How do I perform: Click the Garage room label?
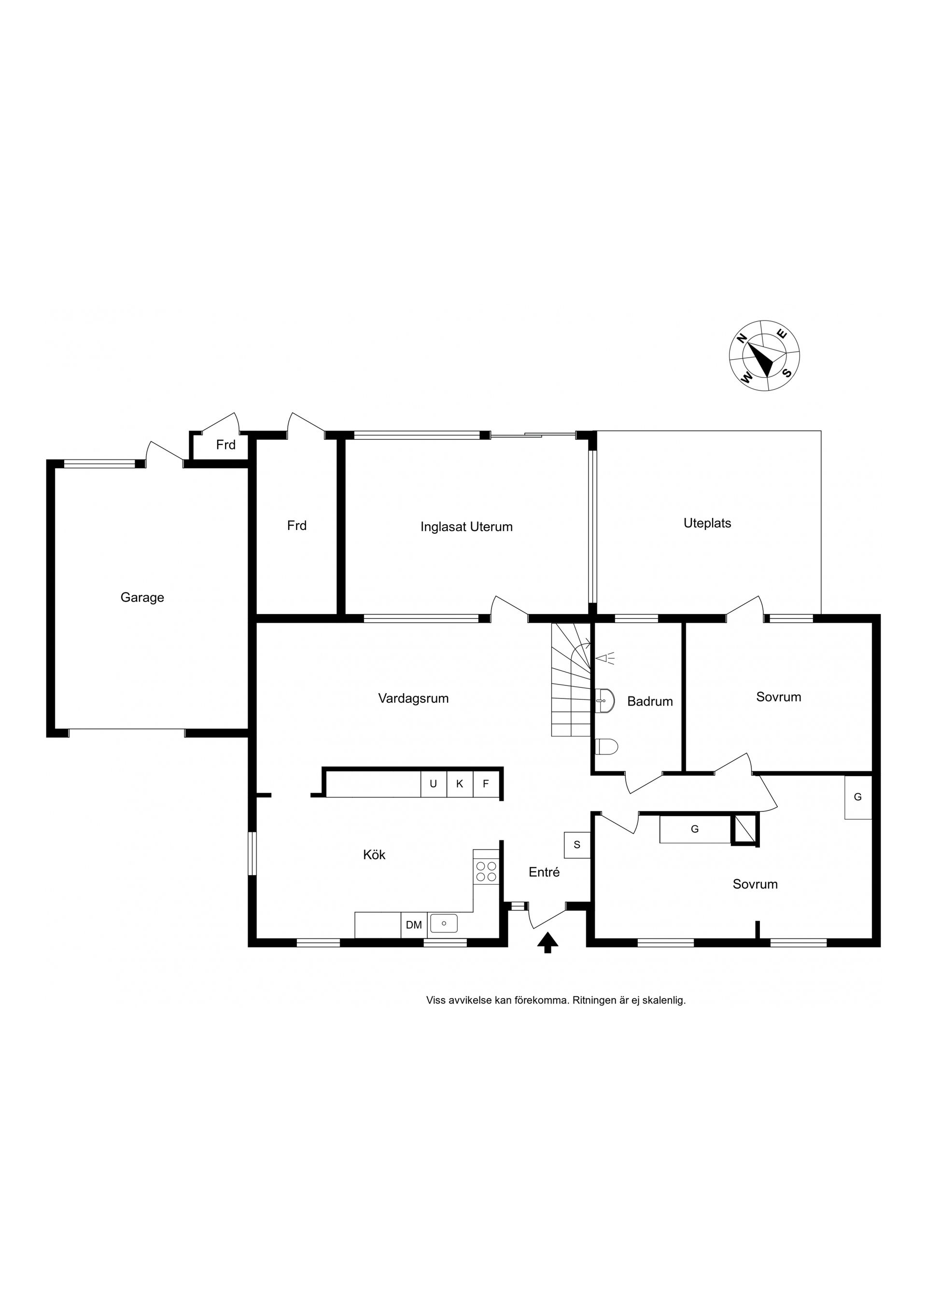click(x=142, y=598)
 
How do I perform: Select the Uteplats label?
click(x=707, y=523)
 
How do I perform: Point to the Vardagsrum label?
click(x=413, y=698)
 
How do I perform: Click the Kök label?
click(x=374, y=855)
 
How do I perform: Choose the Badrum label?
click(x=650, y=701)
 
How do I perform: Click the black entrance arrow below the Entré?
click(x=547, y=943)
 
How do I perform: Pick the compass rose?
click(x=764, y=355)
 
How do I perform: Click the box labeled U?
click(x=434, y=784)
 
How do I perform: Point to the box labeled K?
click(x=460, y=784)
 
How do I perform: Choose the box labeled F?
click(x=486, y=784)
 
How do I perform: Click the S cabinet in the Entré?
click(x=577, y=845)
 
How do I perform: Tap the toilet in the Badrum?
click(x=606, y=746)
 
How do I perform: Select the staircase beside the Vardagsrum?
click(x=571, y=680)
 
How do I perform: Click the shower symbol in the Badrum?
click(x=605, y=658)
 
